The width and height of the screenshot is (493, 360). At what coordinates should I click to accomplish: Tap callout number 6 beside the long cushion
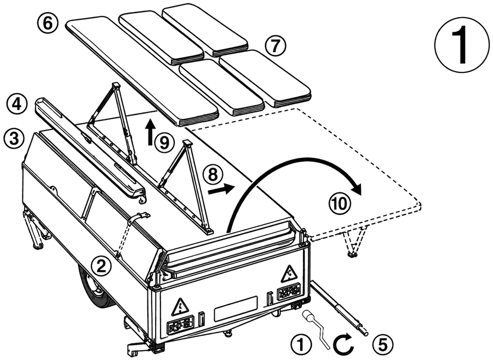coord(47,24)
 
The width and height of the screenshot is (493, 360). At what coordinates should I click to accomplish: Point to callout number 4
coord(16,104)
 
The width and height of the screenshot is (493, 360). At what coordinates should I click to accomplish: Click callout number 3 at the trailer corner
coord(14,138)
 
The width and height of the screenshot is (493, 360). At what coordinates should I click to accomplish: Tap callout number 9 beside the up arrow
coord(164,143)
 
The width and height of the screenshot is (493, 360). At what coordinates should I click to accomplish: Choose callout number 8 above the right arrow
coord(213,175)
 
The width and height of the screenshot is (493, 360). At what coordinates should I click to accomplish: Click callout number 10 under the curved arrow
coord(339,203)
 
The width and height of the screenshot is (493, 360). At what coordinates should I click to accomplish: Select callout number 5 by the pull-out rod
coord(383,345)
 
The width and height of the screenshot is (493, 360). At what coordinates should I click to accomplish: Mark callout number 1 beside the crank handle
coord(301,345)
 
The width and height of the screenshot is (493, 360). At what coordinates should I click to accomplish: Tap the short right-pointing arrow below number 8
coord(221,189)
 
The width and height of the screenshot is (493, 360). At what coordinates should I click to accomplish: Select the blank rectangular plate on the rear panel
coord(236,308)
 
